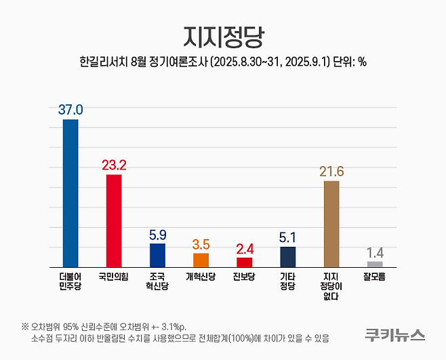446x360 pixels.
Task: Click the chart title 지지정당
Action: tap(222, 35)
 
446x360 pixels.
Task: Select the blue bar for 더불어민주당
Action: tap(70, 193)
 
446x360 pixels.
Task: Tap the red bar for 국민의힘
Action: tap(114, 220)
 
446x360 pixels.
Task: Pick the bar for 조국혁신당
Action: tap(157, 255)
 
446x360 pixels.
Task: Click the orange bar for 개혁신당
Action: tap(201, 260)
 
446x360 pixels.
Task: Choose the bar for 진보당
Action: tap(244, 262)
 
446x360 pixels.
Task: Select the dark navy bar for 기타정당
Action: tap(287, 257)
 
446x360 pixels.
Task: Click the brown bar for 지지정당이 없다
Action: tap(331, 224)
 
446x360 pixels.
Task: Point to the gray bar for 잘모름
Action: tap(375, 264)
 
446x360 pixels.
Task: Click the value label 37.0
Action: tap(70, 109)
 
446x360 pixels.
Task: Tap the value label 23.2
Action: tap(114, 165)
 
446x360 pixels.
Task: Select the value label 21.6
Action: tap(331, 171)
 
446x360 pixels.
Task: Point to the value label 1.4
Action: tap(375, 252)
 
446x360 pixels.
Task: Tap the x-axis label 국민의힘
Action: tap(114, 277)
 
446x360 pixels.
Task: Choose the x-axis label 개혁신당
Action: tap(201, 277)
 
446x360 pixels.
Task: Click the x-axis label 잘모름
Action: tap(375, 277)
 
